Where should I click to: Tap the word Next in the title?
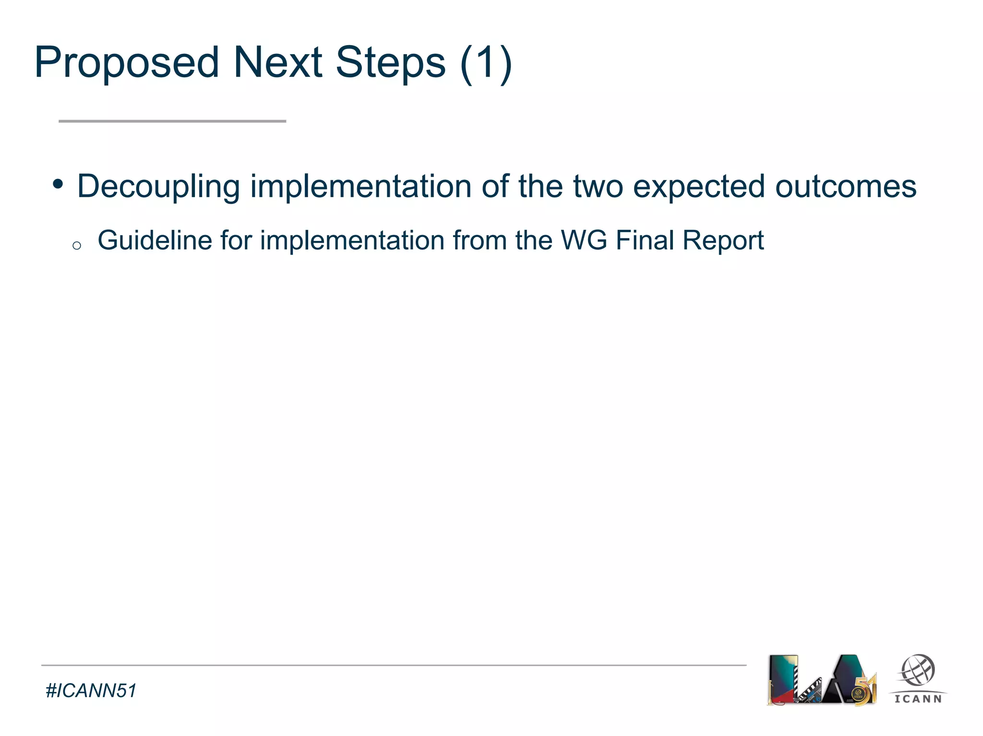(x=277, y=62)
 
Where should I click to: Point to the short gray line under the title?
(x=172, y=121)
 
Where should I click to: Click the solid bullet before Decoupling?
(x=58, y=184)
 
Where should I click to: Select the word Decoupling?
(x=158, y=187)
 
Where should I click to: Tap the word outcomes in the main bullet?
(x=846, y=186)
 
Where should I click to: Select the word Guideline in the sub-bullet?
(x=155, y=240)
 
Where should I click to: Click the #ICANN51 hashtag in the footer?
(x=91, y=691)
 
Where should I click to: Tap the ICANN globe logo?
(x=917, y=671)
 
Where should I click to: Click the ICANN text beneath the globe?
(x=918, y=699)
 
